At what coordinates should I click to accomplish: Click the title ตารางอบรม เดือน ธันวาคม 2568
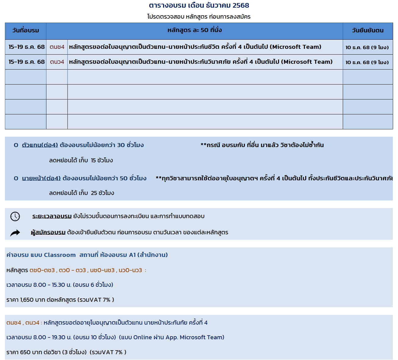199,5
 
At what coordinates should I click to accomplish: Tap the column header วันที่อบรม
26,31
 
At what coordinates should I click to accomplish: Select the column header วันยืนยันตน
367,31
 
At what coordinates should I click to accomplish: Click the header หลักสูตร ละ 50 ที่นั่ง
194,30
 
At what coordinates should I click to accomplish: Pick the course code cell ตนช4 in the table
57,47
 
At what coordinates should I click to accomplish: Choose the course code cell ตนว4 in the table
57,62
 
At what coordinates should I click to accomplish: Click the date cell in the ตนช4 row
26,47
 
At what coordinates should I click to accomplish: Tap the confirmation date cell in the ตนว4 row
367,62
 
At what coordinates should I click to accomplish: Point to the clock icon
15,216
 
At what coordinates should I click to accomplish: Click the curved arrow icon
15,233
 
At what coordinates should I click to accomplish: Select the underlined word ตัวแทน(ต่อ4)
40,145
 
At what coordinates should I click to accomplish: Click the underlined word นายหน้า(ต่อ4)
41,178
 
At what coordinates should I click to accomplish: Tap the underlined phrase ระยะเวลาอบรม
52,216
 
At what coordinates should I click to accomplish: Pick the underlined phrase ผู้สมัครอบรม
48,232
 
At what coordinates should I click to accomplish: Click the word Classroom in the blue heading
60,255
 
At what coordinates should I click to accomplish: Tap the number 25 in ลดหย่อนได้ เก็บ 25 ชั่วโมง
94,193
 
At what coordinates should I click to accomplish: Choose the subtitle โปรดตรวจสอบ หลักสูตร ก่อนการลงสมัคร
199,17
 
